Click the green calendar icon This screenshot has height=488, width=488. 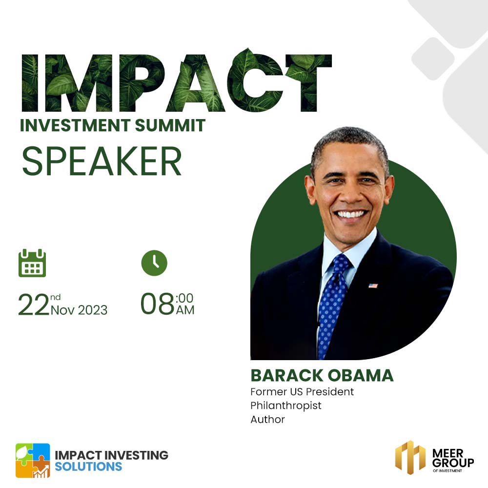pos(32,263)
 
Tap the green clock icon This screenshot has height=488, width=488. pos(154,263)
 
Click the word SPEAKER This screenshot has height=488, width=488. pos(102,161)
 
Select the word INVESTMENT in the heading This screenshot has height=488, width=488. pos(75,125)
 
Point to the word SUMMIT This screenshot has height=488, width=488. pos(170,125)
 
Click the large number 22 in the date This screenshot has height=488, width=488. pos(34,305)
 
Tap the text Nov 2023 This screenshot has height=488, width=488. pos(79,310)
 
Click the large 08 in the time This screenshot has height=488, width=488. pos(157,304)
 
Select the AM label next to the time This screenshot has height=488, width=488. pos(185,310)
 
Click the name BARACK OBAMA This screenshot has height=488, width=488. pos(322,375)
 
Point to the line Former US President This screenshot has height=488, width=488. pos(302,391)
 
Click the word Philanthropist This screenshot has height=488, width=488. pos(285,406)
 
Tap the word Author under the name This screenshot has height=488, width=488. pos(267,420)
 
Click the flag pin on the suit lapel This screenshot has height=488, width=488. pos(373,285)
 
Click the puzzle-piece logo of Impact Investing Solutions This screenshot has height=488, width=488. pos(33,460)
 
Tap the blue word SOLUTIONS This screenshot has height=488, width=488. pos(88,467)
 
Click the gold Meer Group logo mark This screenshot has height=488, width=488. pos(410,457)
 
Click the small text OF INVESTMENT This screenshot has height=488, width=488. pos(447,470)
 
